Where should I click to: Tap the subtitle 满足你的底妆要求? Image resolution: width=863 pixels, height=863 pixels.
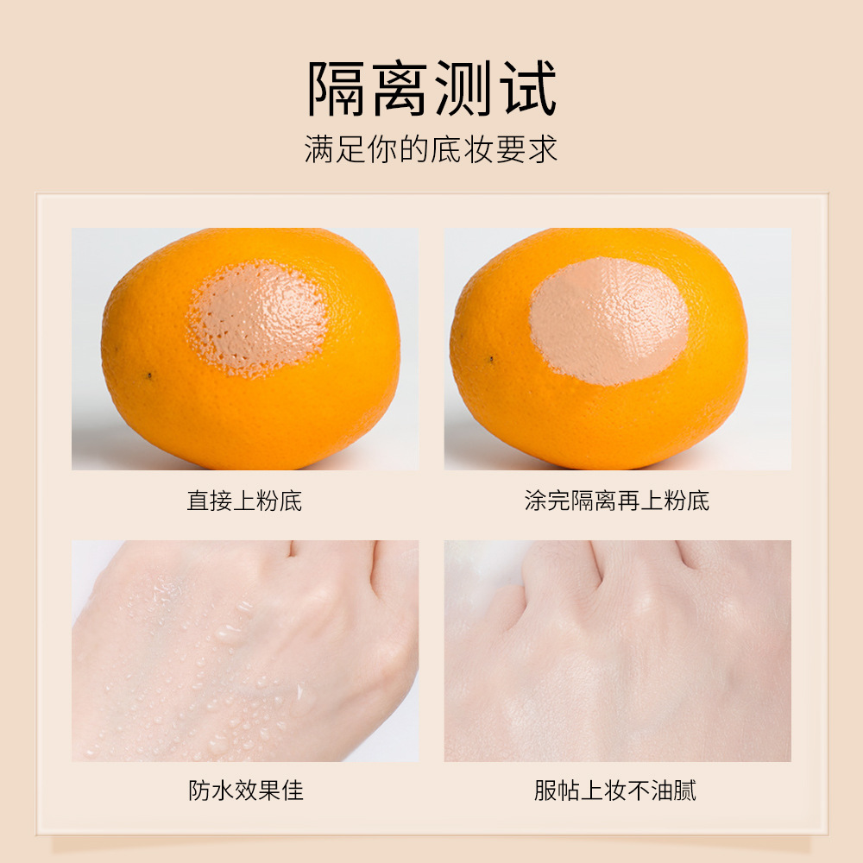pos(431,148)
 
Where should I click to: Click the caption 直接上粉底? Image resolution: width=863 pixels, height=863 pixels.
pos(244,501)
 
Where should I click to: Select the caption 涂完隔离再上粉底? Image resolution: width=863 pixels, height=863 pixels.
pos(617,501)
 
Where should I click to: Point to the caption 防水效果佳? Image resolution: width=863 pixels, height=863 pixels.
pos(246,790)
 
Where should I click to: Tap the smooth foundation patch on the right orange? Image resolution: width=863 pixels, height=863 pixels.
pos(608,319)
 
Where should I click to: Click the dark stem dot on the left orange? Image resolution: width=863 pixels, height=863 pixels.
pos(150,375)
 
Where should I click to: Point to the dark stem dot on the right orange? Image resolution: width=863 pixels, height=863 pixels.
pos(492,359)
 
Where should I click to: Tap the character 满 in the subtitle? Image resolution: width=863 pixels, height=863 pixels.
pos(318,148)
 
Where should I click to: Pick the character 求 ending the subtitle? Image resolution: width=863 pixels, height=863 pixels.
pos(545,148)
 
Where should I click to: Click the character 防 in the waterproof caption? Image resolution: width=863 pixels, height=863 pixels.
pos(199,790)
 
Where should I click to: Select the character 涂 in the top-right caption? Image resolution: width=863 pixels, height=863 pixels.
pos(535,501)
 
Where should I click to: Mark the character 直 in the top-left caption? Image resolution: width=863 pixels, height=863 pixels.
pos(198,501)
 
